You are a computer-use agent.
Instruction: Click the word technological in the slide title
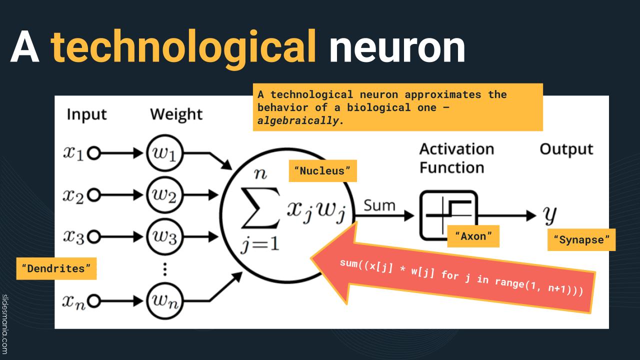point(184,47)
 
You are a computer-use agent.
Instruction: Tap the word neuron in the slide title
point(397,47)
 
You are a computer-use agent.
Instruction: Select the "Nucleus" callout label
point(323,171)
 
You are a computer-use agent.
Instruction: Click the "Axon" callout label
point(473,236)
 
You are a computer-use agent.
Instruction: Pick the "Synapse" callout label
point(581,240)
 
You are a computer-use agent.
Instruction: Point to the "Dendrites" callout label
point(56,268)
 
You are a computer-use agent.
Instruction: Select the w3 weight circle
point(165,236)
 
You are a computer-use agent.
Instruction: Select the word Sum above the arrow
point(379,205)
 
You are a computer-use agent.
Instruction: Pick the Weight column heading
point(176,114)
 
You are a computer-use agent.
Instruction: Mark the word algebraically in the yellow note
point(298,120)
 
